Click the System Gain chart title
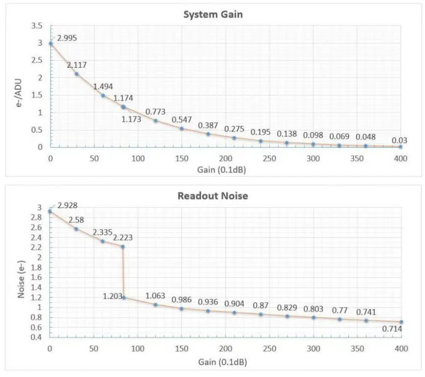point(213,14)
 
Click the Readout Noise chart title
point(213,195)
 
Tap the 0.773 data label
point(155,111)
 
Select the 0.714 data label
point(392,328)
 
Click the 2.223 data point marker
point(123,246)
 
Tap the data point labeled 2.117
point(77,74)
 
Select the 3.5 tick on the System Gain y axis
point(37,26)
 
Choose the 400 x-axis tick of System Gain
point(401,158)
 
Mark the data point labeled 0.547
point(181,129)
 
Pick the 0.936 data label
point(208,301)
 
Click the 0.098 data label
point(313,135)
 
